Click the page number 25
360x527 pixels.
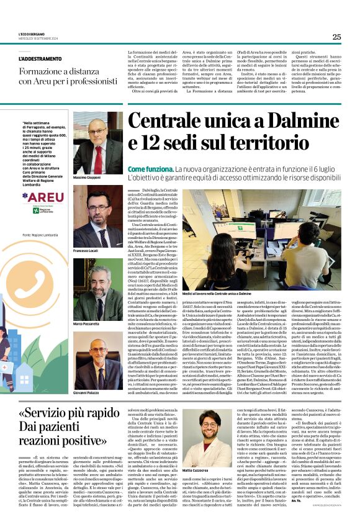[336, 37]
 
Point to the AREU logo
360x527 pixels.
[43, 197]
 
